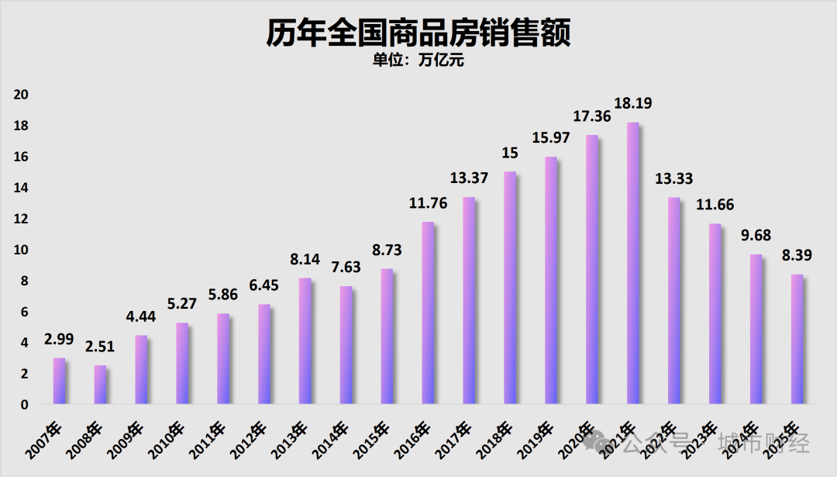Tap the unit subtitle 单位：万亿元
[418, 60]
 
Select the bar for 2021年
[633, 264]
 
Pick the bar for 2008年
[101, 385]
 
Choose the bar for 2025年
[797, 340]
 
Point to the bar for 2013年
[305, 341]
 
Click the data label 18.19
[633, 104]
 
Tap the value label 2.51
[101, 347]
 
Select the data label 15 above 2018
[510, 154]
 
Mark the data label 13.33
[674, 179]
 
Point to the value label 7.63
[346, 268]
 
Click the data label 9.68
[756, 236]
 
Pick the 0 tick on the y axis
[25, 405]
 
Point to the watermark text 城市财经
[763, 444]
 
